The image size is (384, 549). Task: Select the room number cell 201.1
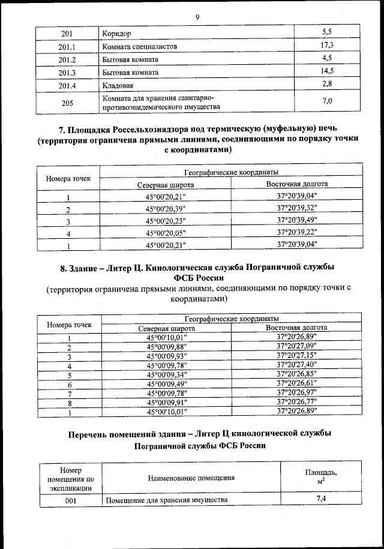pyautogui.click(x=68, y=46)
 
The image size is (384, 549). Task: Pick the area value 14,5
pyautogui.click(x=328, y=71)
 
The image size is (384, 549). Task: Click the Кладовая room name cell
pyautogui.click(x=120, y=85)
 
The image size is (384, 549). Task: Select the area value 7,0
pyautogui.click(x=328, y=101)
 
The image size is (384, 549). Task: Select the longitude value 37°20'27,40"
pyautogui.click(x=297, y=365)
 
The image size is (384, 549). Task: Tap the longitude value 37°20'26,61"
pyautogui.click(x=297, y=383)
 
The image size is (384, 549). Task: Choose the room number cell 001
pyautogui.click(x=70, y=500)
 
